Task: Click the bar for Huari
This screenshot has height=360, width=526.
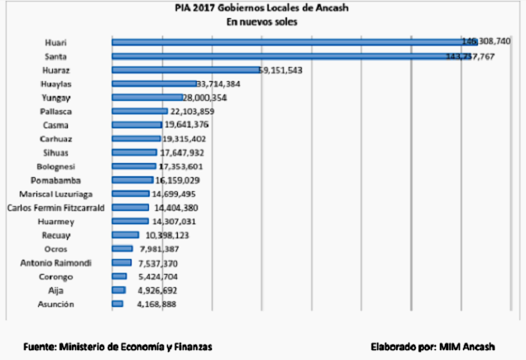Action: coord(289,41)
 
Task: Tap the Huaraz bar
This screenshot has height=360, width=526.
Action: coord(185,70)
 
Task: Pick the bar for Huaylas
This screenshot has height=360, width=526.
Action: coord(154,84)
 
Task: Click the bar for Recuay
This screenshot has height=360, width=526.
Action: coord(125,235)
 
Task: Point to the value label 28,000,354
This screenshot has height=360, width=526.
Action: coord(199,98)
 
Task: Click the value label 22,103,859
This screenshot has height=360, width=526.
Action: coord(192,112)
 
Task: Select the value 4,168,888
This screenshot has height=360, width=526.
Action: coord(154,305)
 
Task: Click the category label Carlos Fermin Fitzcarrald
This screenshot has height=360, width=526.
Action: coord(55,208)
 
